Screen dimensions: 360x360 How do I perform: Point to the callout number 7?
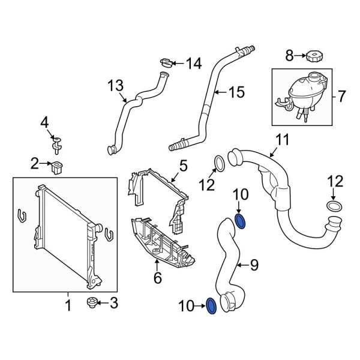coord(341,95)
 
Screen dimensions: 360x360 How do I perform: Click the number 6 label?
coord(157,277)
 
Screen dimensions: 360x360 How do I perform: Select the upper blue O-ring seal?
coord(241,221)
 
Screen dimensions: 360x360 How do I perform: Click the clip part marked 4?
coord(57,143)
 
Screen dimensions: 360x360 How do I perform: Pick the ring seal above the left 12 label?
coord(220,161)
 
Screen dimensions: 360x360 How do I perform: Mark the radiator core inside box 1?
coord(63,231)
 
